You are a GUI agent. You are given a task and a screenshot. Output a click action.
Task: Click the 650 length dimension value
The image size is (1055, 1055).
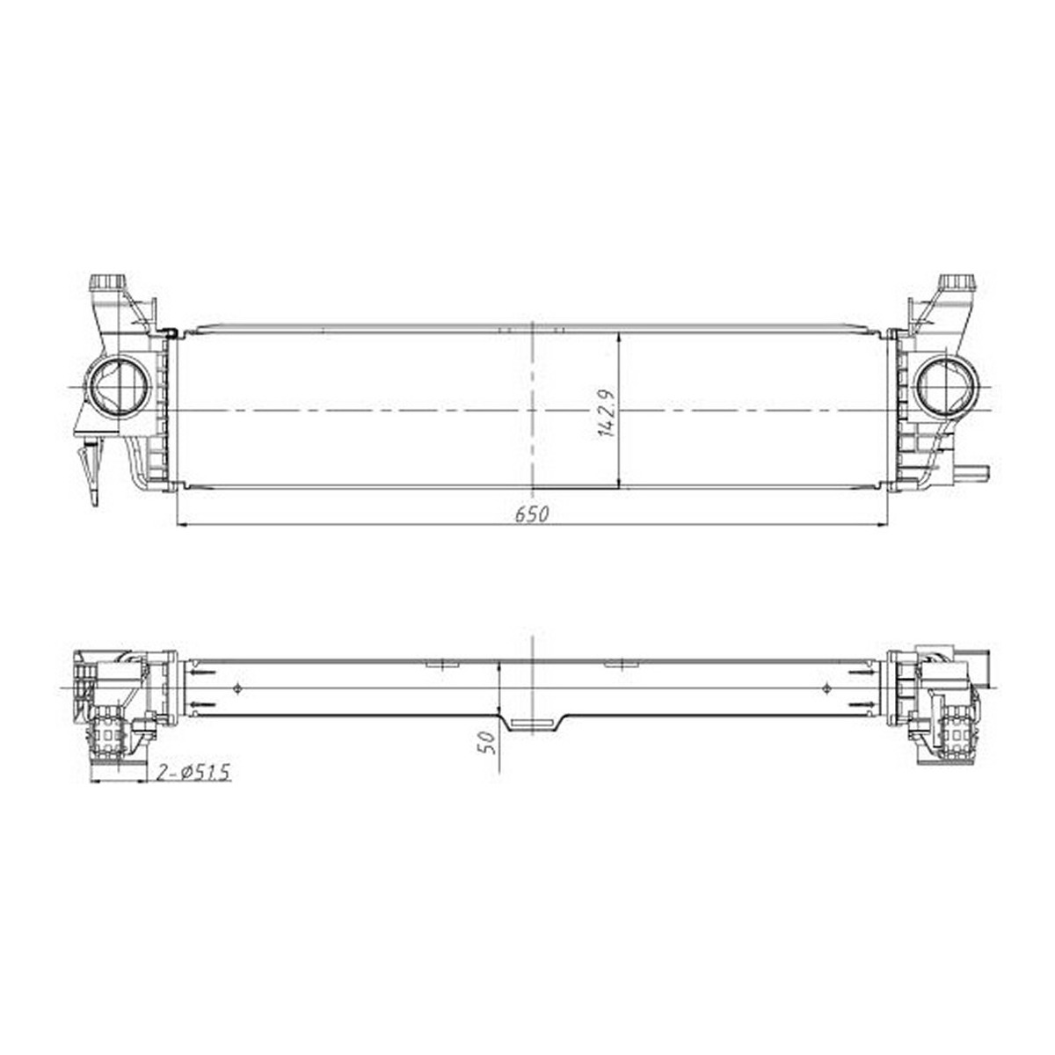pyautogui.click(x=531, y=514)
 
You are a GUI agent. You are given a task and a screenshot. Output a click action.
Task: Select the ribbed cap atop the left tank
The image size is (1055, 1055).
pyautogui.click(x=106, y=284)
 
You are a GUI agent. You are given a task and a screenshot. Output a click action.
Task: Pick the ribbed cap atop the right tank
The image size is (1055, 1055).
pyautogui.click(x=957, y=284)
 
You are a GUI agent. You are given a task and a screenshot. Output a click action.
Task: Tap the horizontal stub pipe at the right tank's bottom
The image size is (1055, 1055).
pyautogui.click(x=972, y=471)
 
